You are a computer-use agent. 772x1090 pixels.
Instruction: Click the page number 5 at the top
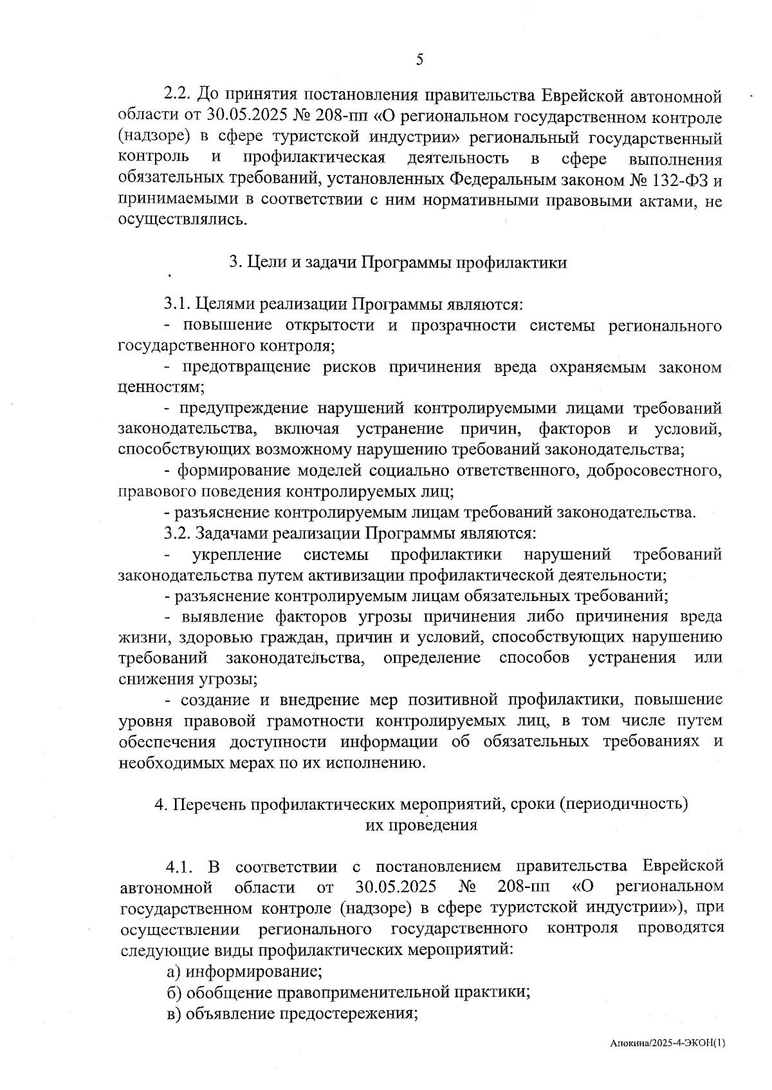click(419, 60)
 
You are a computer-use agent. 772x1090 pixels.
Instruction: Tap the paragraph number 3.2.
click(178, 533)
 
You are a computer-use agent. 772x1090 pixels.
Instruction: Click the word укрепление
click(237, 555)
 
